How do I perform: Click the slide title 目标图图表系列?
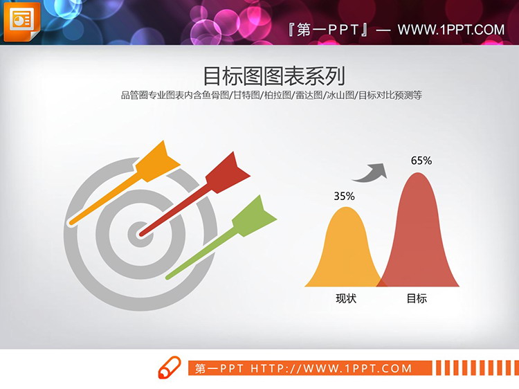pos(273,75)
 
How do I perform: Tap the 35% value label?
pos(344,197)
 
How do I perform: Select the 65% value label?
pos(421,161)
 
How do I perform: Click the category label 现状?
pos(345,298)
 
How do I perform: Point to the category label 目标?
pos(417,298)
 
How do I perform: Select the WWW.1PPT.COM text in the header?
pos(450,29)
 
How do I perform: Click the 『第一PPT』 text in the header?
pos(329,29)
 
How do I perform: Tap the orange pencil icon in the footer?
pos(169,368)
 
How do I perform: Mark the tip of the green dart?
pos(168,276)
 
